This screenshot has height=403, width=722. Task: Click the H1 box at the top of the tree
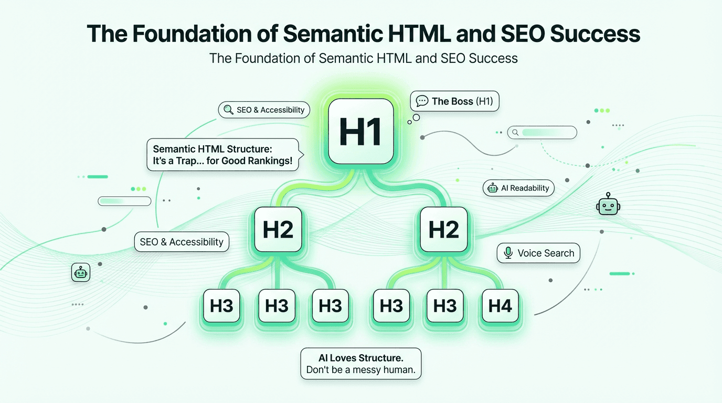360,131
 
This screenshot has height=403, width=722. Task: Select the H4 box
500,305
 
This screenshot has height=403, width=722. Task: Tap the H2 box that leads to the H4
443,229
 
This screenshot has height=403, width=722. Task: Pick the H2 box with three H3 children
278,230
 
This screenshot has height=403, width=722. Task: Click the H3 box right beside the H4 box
445,305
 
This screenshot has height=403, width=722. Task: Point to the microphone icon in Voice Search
508,253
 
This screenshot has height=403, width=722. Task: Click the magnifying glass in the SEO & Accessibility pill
228,110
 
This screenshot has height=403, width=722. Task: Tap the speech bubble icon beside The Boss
422,101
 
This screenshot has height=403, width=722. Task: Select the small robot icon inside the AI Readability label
493,188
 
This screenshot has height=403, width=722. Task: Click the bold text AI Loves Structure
360,358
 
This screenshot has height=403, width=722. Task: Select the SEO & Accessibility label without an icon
182,242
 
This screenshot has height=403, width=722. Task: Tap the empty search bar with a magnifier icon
542,132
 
